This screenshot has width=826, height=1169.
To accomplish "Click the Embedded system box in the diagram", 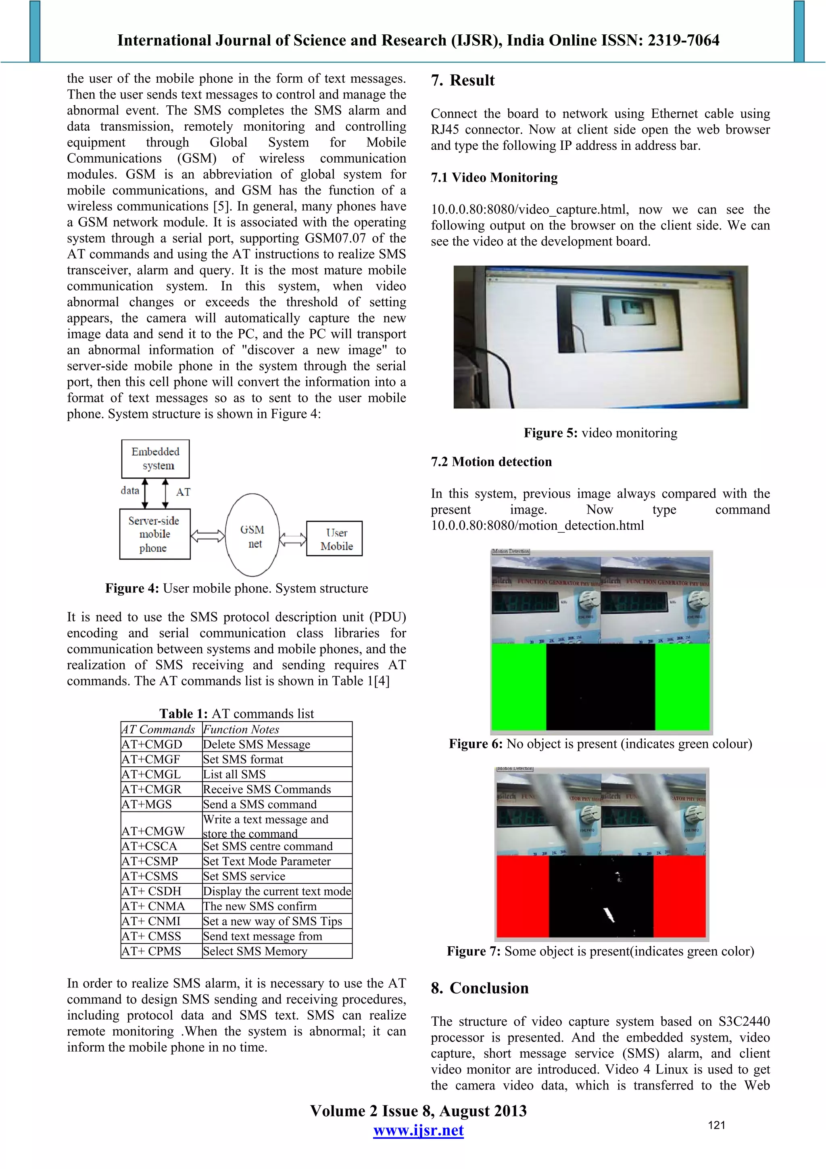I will tap(155, 459).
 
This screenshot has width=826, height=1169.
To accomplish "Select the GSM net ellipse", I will tap(252, 535).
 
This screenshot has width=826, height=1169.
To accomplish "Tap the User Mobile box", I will tap(334, 539).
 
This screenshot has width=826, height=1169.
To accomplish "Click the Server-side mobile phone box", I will tap(155, 534).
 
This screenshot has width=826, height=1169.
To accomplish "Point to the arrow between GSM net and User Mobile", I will tap(293, 539).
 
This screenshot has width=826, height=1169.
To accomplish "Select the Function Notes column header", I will tap(241, 729).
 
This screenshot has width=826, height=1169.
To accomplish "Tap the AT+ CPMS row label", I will tap(151, 951).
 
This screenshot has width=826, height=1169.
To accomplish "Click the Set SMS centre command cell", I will tap(268, 846).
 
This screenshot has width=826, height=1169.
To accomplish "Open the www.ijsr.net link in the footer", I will tap(418, 1130).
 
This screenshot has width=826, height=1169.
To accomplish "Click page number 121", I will tap(716, 1125).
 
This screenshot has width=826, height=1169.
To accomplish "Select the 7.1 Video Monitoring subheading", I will tap(494, 178).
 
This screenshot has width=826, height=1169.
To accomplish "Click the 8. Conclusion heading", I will tap(480, 988).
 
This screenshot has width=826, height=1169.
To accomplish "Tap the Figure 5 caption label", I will tap(550, 433).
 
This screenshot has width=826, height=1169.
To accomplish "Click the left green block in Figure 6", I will tap(519, 686).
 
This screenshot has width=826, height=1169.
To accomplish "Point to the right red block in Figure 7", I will tap(680, 896).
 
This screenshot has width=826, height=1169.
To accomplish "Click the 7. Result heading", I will tap(463, 80).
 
